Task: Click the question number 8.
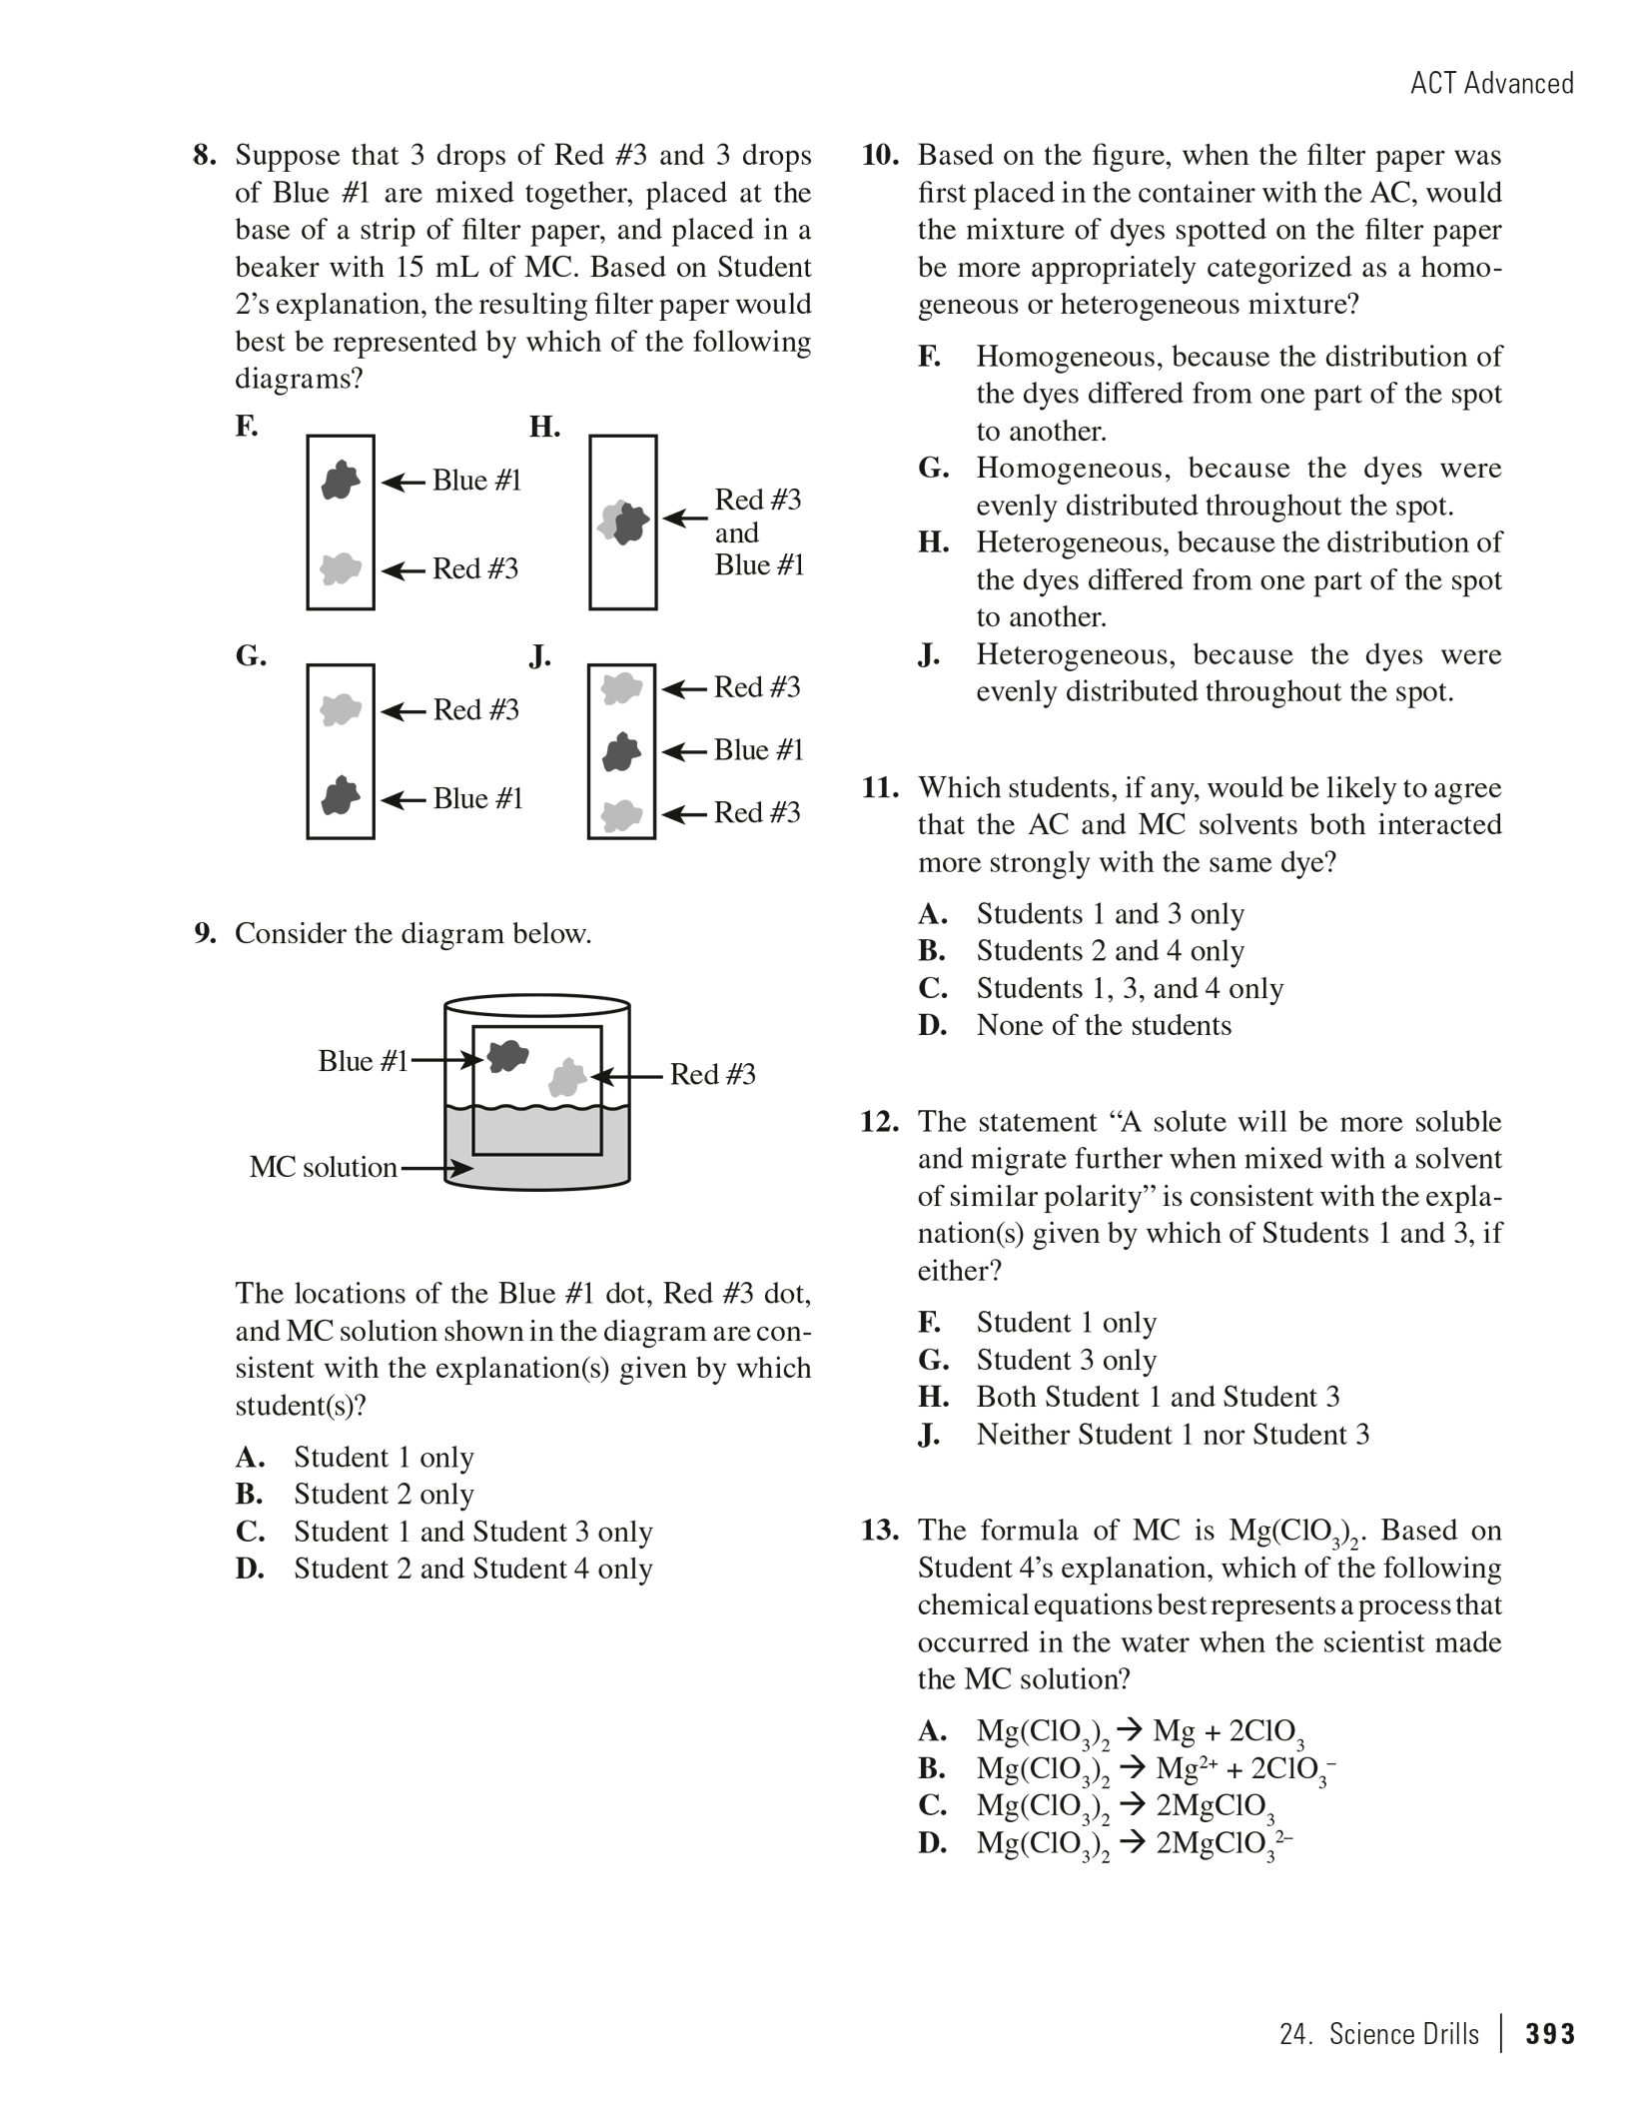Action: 204,156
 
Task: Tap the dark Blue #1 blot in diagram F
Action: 341,481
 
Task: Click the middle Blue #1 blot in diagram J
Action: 621,751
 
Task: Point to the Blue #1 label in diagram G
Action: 477,799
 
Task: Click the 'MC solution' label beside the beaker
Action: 323,1167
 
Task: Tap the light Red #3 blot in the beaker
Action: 568,1077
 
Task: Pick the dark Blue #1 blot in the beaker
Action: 507,1055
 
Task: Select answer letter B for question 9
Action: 249,1495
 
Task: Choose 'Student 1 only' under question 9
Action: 384,1458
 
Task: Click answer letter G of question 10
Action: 933,469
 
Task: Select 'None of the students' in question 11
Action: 1104,1026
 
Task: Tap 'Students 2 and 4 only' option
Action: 1110,951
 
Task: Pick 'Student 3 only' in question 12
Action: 1066,1361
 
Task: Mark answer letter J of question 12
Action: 930,1436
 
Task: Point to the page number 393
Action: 1550,2035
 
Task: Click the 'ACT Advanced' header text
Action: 1491,83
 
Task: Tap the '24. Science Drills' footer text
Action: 1378,2035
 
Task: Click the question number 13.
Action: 880,1532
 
